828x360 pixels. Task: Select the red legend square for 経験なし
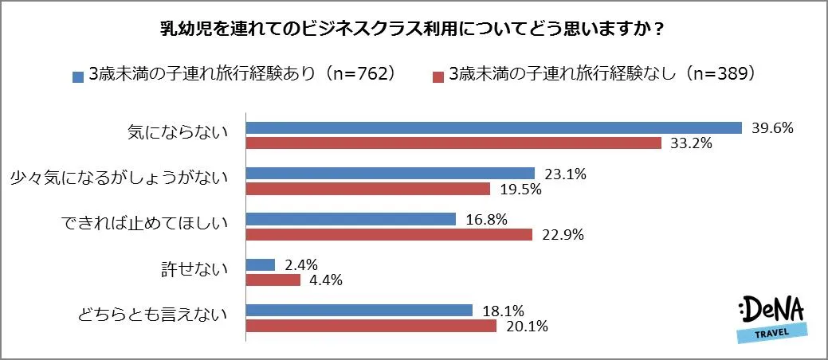pyautogui.click(x=438, y=77)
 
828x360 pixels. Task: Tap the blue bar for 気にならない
pyautogui.click(x=494, y=128)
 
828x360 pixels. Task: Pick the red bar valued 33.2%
pyautogui.click(x=453, y=143)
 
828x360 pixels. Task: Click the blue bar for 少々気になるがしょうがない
pyautogui.click(x=390, y=173)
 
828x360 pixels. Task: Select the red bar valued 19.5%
pyautogui.click(x=367, y=189)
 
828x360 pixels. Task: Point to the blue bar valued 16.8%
pyautogui.click(x=351, y=219)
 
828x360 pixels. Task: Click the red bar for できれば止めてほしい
pyautogui.click(x=388, y=234)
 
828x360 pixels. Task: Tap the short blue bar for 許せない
pyautogui.click(x=261, y=264)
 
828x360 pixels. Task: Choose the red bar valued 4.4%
pyautogui.click(x=273, y=280)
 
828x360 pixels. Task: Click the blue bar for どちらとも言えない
pyautogui.click(x=359, y=310)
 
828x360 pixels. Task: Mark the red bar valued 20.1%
pyautogui.click(x=371, y=325)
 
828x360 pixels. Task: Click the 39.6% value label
pyautogui.click(x=772, y=128)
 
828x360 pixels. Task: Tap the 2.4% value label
pyautogui.click(x=301, y=264)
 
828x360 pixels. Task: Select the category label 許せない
pyautogui.click(x=194, y=271)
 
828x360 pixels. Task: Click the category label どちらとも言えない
pyautogui.click(x=153, y=316)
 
